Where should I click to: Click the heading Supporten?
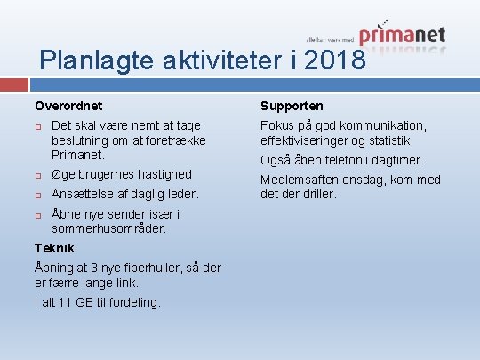[292, 106]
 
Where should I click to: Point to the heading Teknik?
[53, 248]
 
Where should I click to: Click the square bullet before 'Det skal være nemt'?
[39, 126]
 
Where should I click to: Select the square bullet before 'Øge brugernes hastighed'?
[39, 175]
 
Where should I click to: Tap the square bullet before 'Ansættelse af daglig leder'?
[39, 195]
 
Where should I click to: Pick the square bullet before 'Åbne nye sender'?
[39, 215]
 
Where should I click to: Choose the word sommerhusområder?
[108, 228]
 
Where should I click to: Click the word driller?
[319, 194]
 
